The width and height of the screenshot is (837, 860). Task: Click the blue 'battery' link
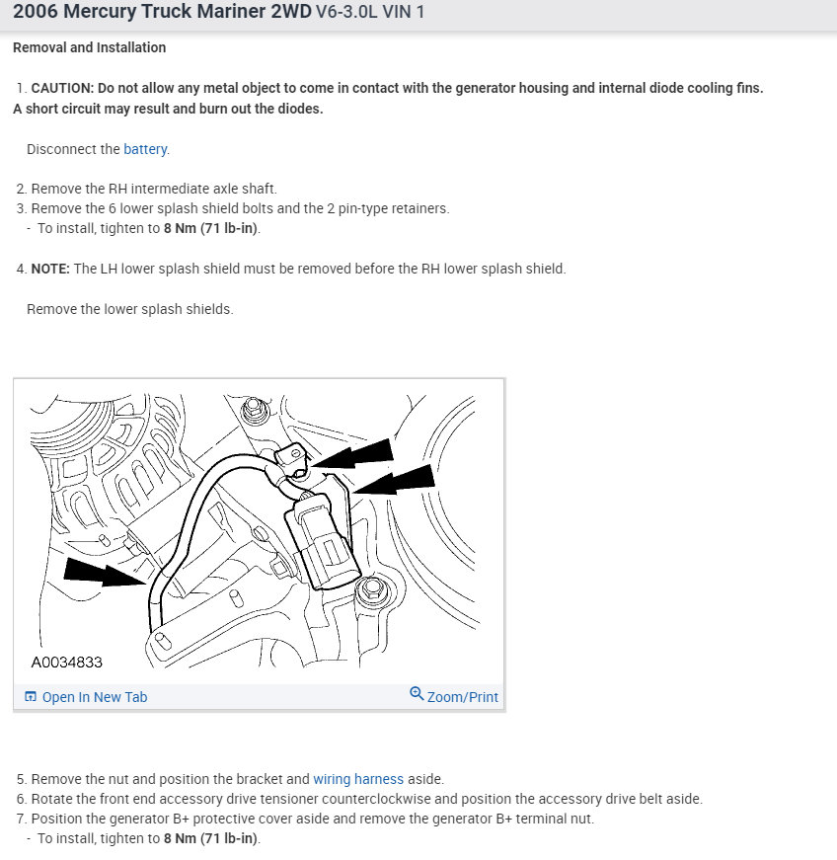point(145,149)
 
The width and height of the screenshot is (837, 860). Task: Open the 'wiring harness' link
point(358,779)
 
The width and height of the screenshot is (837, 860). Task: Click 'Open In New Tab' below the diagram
point(94,697)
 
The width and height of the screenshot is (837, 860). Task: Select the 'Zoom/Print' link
point(462,697)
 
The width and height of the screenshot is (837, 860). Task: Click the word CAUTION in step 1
point(62,88)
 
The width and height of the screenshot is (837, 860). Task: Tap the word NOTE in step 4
point(50,269)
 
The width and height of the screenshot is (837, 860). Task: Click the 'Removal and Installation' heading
point(89,47)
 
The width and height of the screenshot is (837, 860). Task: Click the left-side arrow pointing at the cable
point(105,574)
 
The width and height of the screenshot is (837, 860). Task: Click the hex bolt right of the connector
point(372,589)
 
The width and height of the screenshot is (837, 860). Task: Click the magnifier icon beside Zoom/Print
point(417,694)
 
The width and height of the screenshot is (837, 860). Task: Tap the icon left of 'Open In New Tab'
point(30,697)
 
